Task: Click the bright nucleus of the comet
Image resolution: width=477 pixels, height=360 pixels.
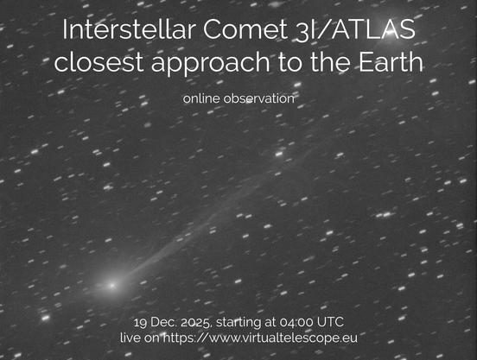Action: coord(111,283)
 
